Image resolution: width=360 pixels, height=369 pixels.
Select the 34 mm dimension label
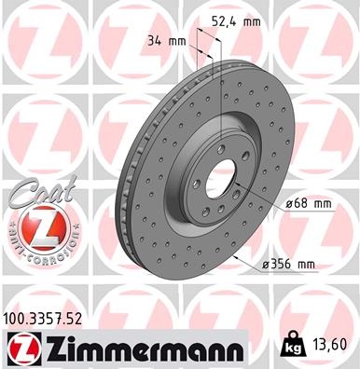pos(167,41)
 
